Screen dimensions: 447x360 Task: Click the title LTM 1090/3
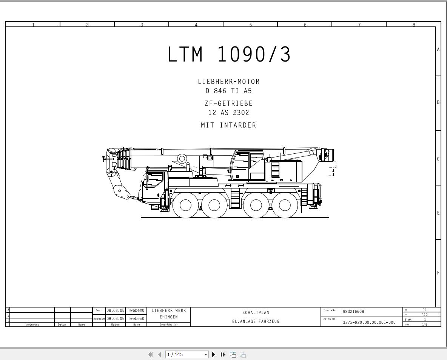229,54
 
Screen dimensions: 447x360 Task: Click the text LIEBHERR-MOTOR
229,82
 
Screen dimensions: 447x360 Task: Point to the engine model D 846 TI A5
229,91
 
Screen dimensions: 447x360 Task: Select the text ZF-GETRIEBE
229,103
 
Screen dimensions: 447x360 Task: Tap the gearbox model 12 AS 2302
229,113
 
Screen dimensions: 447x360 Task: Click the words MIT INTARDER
229,125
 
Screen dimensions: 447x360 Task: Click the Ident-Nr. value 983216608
353,312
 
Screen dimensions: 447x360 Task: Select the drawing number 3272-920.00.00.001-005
369,322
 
